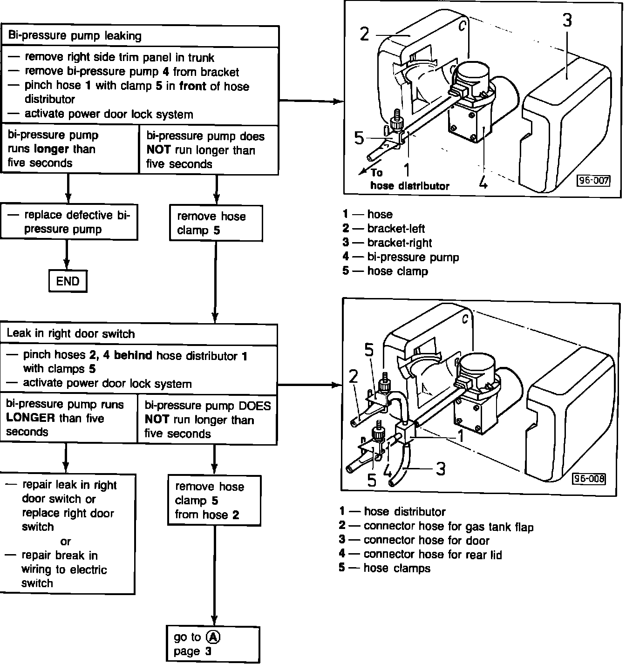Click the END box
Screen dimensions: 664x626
coord(68,281)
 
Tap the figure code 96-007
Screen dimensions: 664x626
coord(593,180)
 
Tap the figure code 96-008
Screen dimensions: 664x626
coord(589,479)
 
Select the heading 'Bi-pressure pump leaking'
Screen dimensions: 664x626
coord(75,36)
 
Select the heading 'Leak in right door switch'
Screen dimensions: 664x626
coord(70,333)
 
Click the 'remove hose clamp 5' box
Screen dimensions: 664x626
coord(215,224)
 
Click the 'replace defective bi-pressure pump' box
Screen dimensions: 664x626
coord(69,222)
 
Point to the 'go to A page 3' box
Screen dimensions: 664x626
coord(213,644)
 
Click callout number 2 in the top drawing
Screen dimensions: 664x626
coord(365,34)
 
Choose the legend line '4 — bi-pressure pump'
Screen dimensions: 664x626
coord(401,257)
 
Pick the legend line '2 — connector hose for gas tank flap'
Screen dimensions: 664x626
coord(436,527)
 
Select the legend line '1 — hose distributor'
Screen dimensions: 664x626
coord(392,512)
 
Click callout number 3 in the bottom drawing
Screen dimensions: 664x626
coord(441,468)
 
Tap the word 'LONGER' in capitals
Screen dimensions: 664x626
coord(31,418)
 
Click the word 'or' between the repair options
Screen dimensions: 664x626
coord(65,541)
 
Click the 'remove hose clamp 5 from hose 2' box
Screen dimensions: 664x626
coord(214,501)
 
